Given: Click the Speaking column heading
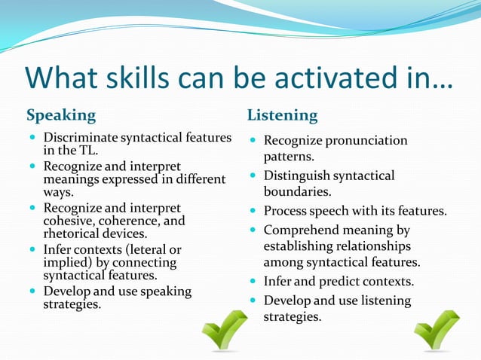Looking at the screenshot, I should pos(61,116).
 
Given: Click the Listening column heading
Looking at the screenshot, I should pos(283,116).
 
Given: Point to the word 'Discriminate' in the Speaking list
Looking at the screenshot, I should pos(81,138).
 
